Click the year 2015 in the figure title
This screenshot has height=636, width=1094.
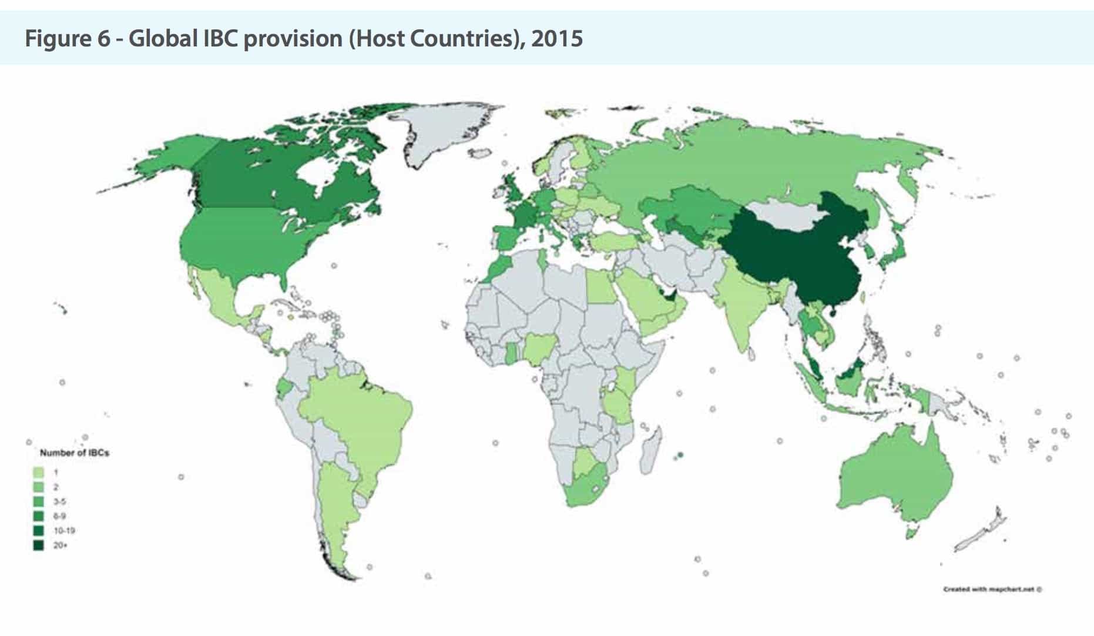pyautogui.click(x=556, y=39)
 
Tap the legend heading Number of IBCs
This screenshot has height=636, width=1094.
pyautogui.click(x=75, y=453)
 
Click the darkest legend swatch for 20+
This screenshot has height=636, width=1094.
pyautogui.click(x=39, y=545)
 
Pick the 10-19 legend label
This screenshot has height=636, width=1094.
pyautogui.click(x=64, y=531)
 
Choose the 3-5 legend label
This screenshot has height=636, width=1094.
pyautogui.click(x=59, y=501)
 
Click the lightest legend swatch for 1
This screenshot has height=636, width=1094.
pyautogui.click(x=39, y=472)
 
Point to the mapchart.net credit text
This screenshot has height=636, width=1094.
pyautogui.click(x=992, y=588)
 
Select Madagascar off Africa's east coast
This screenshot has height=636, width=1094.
pyautogui.click(x=651, y=450)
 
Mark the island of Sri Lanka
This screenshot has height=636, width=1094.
pyautogui.click(x=751, y=355)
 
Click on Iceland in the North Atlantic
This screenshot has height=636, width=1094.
pyautogui.click(x=481, y=152)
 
